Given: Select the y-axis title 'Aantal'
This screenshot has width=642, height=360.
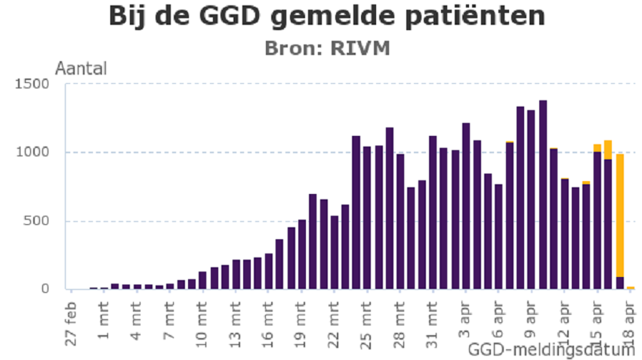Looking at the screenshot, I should pyautogui.click(x=81, y=68).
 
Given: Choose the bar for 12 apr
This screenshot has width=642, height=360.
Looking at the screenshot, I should pyautogui.click(x=565, y=234).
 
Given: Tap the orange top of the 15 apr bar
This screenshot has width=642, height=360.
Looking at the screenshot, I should pyautogui.click(x=597, y=147).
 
